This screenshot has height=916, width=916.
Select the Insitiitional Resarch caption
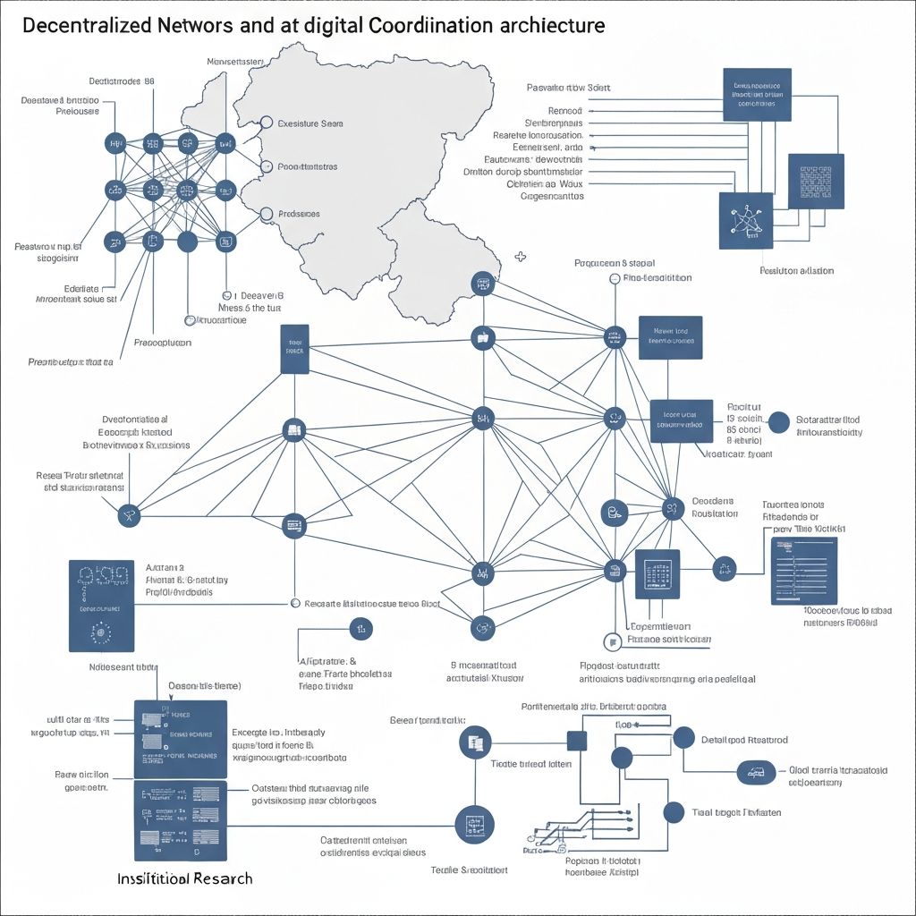185,878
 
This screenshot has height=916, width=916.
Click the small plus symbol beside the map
521,258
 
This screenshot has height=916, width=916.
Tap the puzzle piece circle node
723,566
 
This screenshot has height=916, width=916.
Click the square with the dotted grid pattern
815,182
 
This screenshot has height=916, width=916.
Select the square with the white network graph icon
746,221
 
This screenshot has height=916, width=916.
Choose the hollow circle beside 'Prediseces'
265,214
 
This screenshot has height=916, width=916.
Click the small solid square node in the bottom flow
577,740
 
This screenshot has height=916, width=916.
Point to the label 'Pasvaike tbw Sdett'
569,88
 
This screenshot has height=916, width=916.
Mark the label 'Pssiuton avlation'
796,270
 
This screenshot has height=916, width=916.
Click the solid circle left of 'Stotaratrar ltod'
779,423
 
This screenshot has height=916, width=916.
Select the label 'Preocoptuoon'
162,342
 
